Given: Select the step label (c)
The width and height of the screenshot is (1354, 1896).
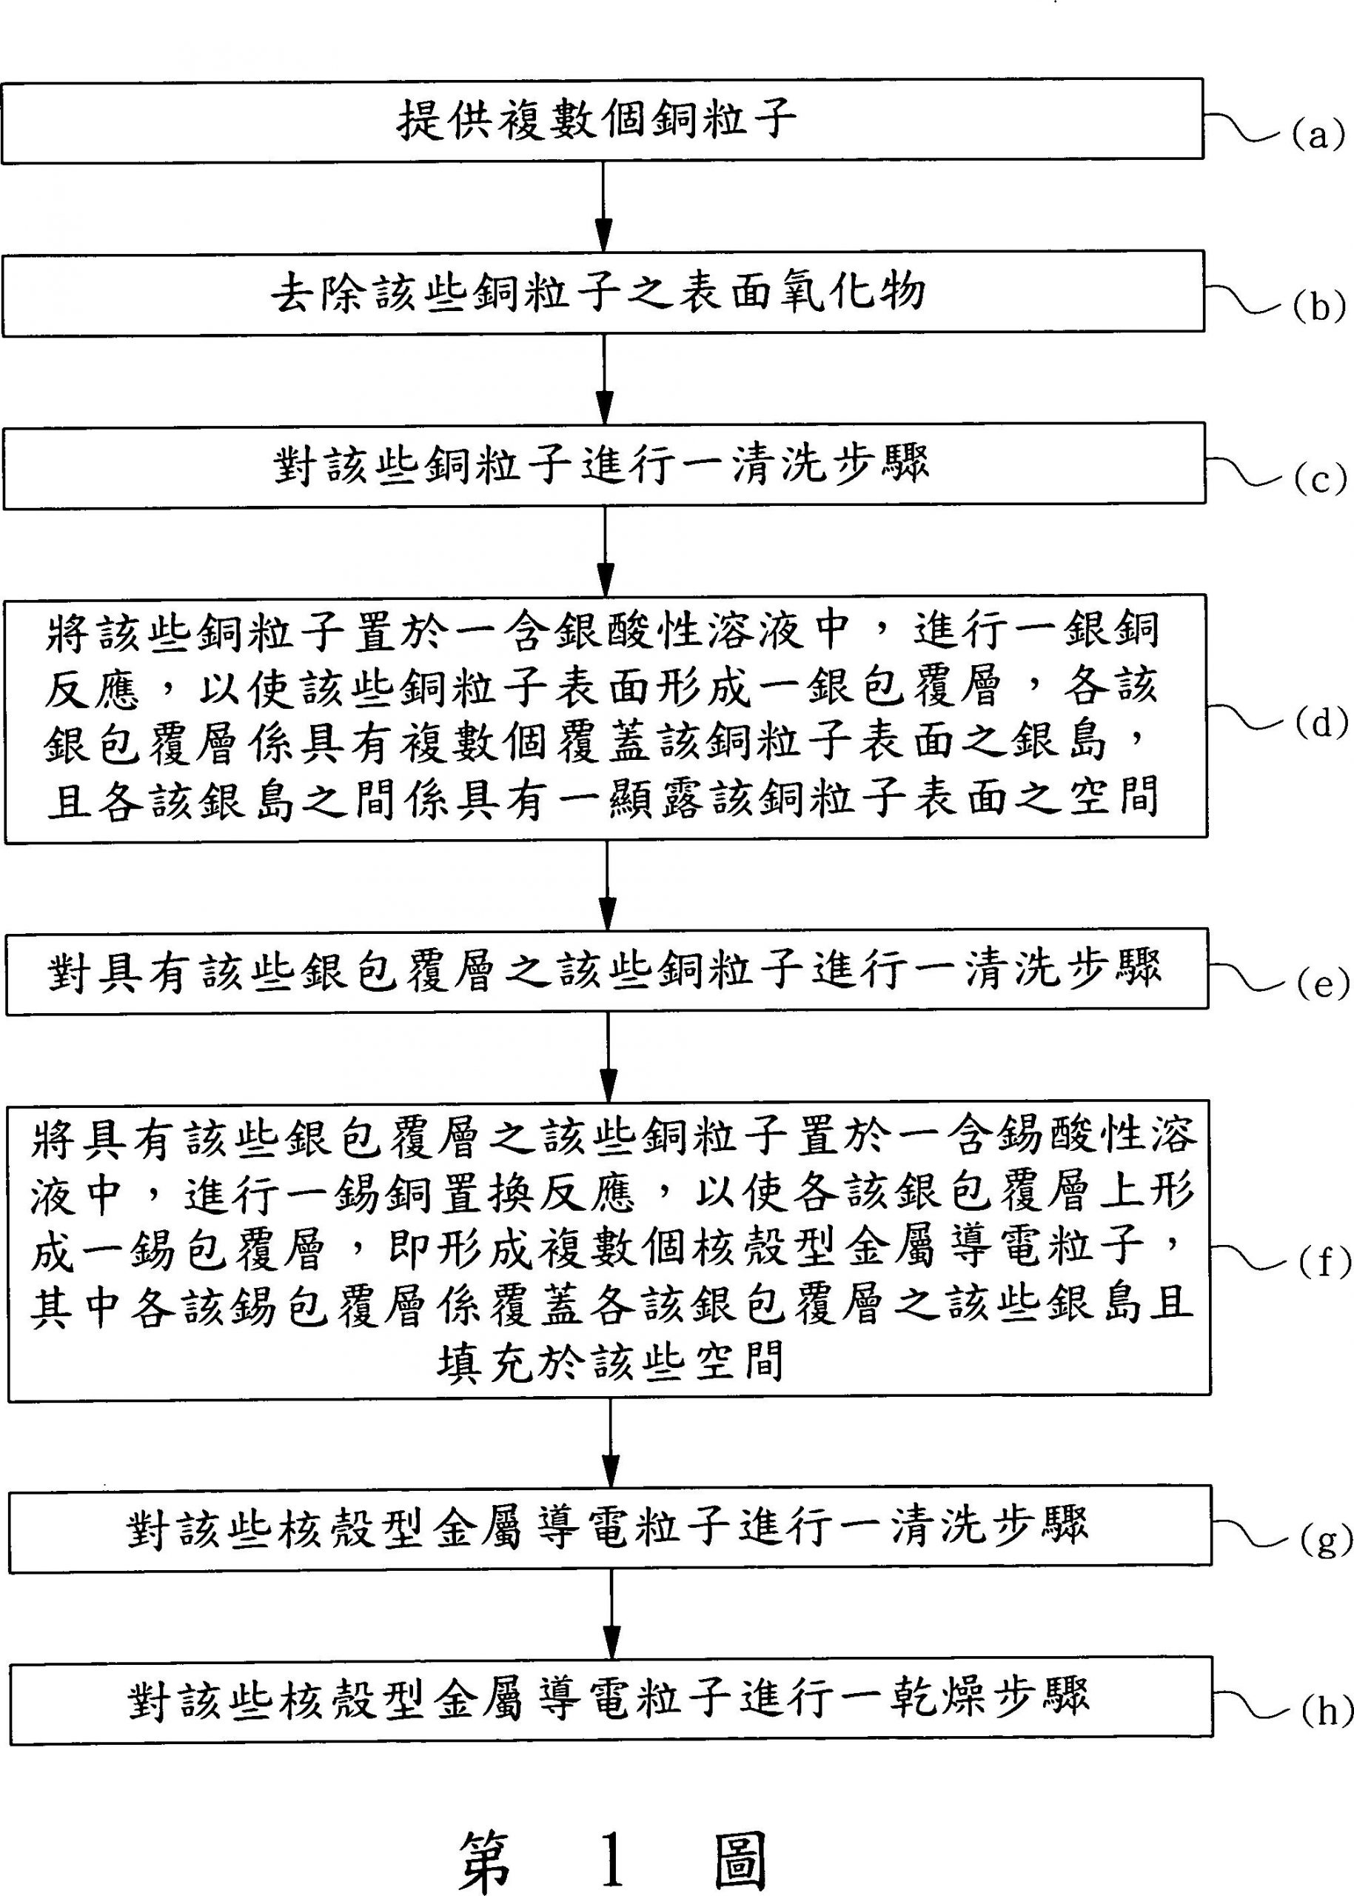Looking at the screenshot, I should coord(1319,481).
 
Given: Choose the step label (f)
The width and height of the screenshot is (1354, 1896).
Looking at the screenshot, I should coord(1324,1264).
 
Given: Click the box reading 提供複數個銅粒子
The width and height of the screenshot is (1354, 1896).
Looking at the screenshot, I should coord(602,121).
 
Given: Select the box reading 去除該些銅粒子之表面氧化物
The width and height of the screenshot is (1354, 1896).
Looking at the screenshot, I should coord(603,293).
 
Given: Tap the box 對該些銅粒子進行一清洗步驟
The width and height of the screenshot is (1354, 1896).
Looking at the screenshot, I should coord(603,464).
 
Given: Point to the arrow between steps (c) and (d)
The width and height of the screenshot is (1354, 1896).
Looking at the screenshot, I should coord(606,550).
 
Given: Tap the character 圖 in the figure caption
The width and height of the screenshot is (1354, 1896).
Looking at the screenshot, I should coord(740,1837).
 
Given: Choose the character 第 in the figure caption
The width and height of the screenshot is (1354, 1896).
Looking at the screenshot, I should coord(485,1837).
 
